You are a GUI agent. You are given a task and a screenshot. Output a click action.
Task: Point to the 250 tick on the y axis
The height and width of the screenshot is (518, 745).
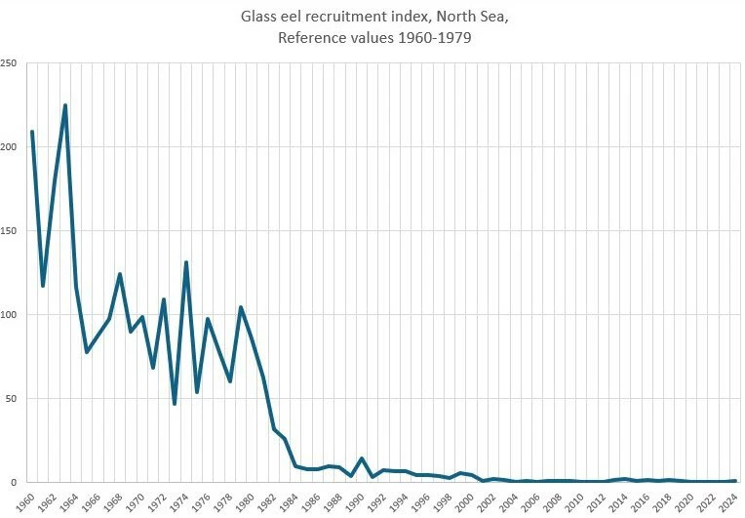pos(10,63)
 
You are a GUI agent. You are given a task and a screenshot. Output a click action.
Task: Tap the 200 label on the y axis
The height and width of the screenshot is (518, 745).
pos(10,147)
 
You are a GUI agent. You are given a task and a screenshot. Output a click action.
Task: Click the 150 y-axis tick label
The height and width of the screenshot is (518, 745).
pos(10,231)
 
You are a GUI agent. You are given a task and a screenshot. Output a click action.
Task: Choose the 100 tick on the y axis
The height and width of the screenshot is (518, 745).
pos(10,315)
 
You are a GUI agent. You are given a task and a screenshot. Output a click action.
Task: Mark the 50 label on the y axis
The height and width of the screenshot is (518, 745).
pos(13,399)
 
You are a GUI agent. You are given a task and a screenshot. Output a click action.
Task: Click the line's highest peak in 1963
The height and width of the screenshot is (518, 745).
pos(65,105)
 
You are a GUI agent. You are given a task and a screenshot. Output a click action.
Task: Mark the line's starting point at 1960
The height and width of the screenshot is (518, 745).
pos(32,132)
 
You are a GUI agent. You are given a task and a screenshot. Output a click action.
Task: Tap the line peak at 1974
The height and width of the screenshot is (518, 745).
pos(186,262)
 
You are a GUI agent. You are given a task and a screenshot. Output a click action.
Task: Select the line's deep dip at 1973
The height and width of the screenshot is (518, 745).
pos(175,404)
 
